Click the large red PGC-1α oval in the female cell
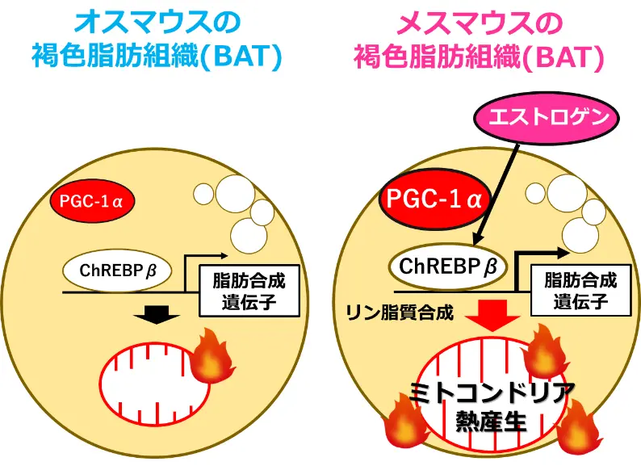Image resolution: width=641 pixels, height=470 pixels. point(433,199)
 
